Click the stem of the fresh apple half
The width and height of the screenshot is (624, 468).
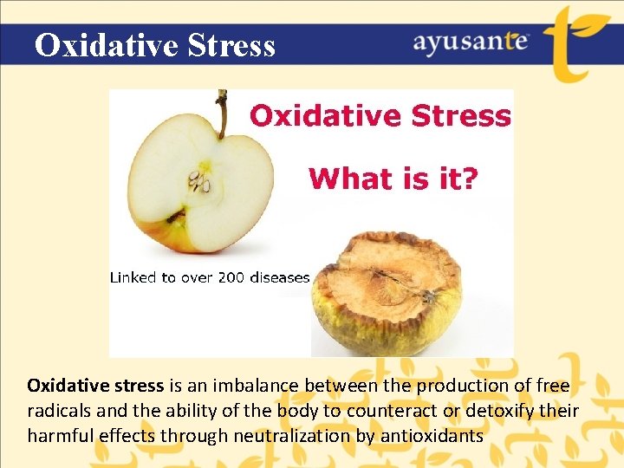coord(222,113)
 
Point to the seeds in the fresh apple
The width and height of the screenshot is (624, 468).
coord(201,182)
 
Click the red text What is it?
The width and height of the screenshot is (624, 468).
coord(393,179)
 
